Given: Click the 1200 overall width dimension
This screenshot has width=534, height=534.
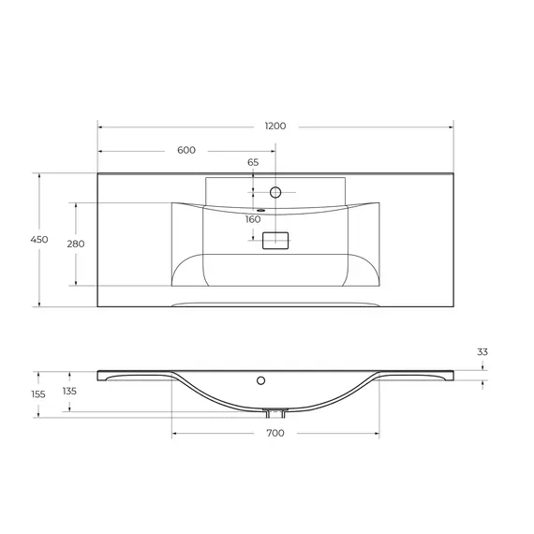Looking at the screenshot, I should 274,126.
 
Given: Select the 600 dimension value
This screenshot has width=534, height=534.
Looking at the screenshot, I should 185,150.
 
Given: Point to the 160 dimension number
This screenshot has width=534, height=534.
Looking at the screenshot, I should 253,219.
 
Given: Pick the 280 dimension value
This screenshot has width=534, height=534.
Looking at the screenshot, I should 76,244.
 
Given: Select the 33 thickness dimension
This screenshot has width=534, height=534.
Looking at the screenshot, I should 482,352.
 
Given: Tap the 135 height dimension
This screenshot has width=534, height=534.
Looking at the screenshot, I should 69,391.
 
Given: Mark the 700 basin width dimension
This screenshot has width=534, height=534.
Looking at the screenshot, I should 274,433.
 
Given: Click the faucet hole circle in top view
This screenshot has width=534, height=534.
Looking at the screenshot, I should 275,193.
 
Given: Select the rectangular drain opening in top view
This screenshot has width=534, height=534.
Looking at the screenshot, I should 275,240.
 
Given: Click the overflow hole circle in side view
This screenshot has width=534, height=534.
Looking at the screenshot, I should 261,381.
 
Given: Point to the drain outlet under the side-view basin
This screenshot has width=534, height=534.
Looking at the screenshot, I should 275,411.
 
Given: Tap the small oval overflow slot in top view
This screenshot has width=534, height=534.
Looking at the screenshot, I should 249,210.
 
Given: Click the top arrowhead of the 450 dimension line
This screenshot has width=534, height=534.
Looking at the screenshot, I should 39,175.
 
